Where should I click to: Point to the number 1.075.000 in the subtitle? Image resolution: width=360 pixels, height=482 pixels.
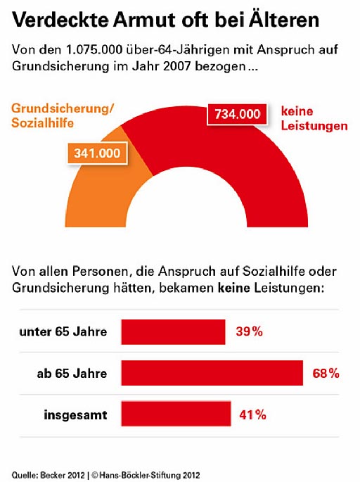point(94,49)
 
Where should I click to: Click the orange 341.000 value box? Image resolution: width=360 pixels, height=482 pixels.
point(97,153)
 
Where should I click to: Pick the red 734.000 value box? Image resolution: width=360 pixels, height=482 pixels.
point(237,114)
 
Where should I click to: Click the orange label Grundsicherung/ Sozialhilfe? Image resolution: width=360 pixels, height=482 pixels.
point(63,115)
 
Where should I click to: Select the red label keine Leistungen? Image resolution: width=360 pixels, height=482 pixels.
point(314,118)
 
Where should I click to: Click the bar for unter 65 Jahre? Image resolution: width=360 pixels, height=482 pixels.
point(173,332)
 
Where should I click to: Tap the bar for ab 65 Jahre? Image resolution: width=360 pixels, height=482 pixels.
point(212,373)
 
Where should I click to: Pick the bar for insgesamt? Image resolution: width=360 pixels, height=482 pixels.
point(176,414)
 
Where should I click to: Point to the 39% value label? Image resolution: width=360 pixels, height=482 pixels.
point(250,331)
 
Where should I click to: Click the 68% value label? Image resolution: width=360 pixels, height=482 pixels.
point(326,373)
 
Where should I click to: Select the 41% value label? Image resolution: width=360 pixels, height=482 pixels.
point(253,415)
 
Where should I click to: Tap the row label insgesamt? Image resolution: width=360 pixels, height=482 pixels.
point(75,415)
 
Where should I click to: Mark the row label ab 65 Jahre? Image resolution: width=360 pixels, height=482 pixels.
point(72,374)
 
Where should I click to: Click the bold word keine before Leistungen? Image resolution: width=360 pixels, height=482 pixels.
point(233,288)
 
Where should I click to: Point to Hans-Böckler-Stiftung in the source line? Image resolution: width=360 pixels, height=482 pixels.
point(146,475)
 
